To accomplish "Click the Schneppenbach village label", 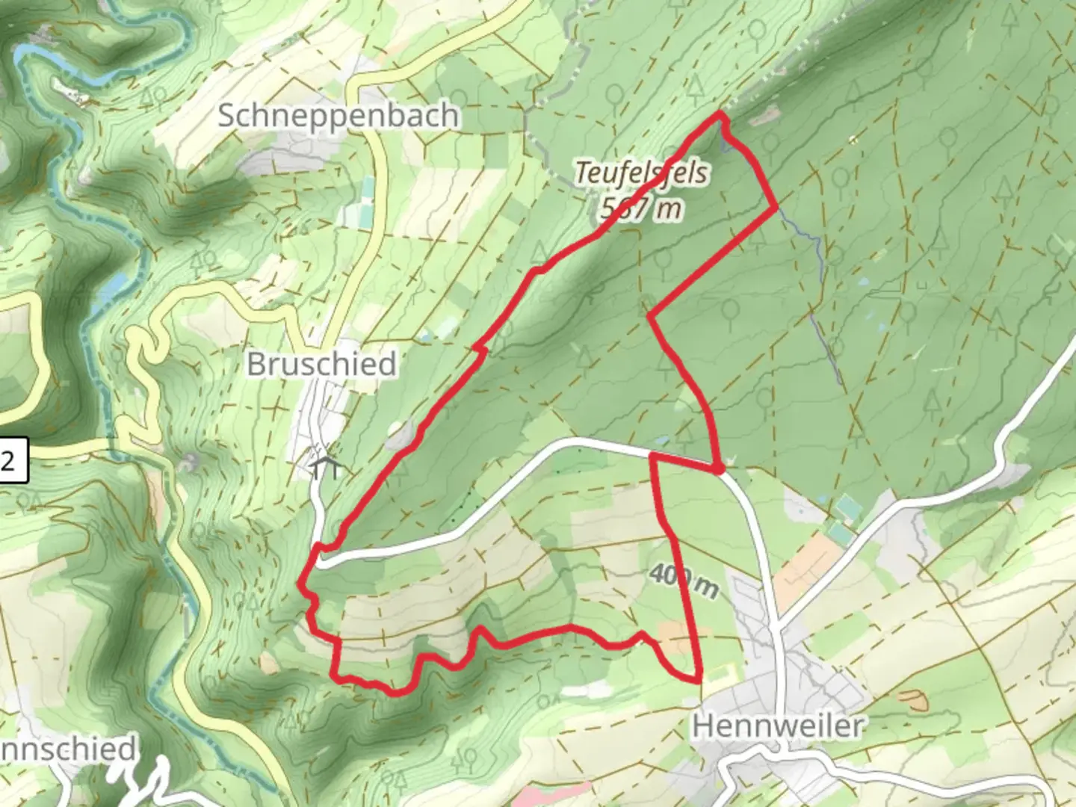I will [338, 116].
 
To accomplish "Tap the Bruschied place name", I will [321, 365].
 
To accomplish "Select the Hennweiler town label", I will [778, 726].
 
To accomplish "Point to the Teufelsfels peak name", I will [642, 173].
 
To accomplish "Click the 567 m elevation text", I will [642, 209].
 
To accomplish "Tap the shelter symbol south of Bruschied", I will [326, 466].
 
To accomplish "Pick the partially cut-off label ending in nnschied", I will [67, 749].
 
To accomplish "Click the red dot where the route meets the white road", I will [717, 469].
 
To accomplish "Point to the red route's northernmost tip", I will [720, 114].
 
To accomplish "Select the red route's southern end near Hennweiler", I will [699, 680].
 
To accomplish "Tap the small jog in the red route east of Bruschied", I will [481, 348].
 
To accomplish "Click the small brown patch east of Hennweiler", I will [912, 700].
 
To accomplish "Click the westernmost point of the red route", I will [300, 581].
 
